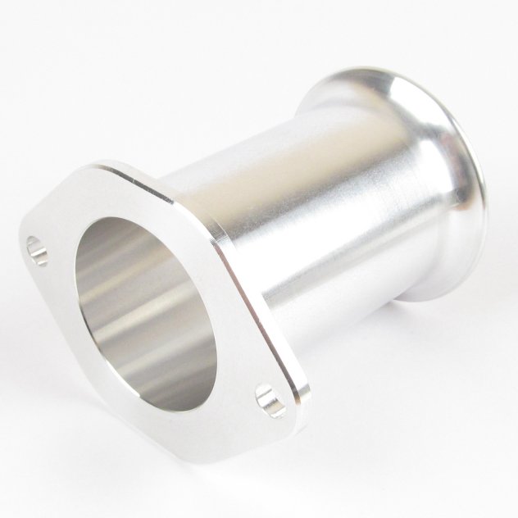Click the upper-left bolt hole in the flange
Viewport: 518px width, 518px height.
pos(36,248)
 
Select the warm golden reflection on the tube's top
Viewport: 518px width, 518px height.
pos(270,152)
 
